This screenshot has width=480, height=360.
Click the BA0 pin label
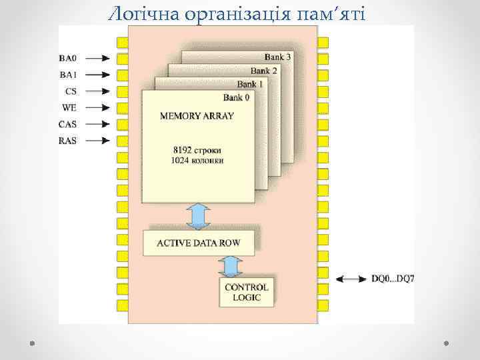pos(68,58)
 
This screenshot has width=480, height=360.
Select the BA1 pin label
pos(68,75)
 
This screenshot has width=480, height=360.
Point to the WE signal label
pos(69,107)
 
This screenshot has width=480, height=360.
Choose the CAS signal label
pos(68,124)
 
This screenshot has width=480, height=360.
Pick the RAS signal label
pos(68,141)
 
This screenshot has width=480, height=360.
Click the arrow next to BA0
pos(96,58)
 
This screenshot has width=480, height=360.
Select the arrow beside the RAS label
pos(96,141)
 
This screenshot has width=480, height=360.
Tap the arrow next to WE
pos(96,107)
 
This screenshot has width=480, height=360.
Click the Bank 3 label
pos(277,57)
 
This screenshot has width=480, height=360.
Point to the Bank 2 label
pos(264,71)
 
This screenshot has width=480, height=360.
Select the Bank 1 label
pos(250,85)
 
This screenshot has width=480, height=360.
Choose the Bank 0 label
pos(237,98)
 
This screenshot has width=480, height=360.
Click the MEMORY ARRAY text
pos(197,116)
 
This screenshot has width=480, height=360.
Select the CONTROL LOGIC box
pos(247,292)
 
